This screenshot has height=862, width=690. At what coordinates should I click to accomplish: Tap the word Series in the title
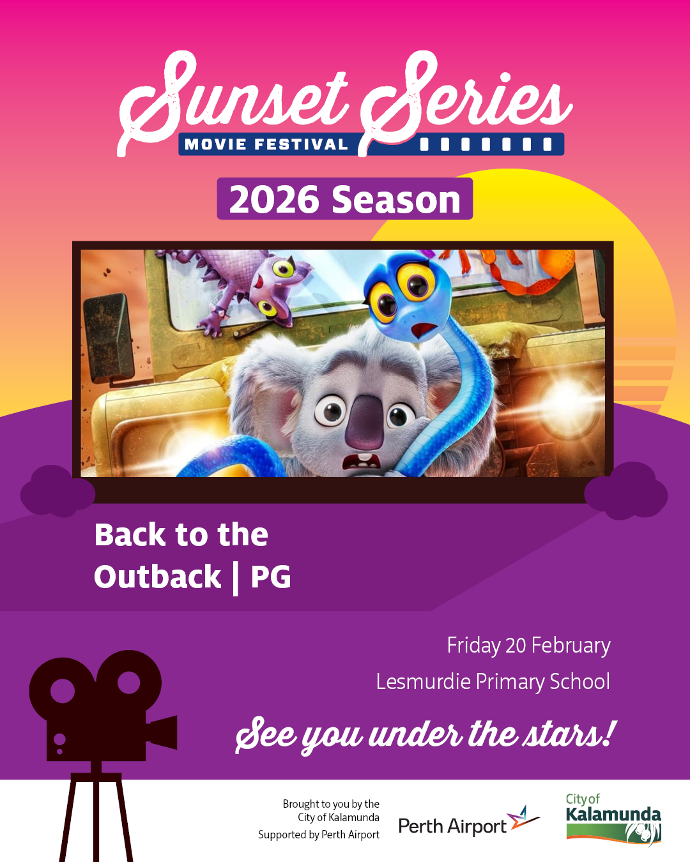point(465,100)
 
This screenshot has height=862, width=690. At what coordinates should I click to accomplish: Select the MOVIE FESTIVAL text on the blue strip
point(266,144)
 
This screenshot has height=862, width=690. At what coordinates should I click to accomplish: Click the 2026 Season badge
point(345,199)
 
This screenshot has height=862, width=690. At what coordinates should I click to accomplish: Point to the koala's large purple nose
point(365,423)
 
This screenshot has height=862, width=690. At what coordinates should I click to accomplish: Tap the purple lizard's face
point(277,292)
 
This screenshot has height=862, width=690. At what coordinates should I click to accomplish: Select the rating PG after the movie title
point(271,577)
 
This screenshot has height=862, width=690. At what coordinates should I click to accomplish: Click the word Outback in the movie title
point(157,577)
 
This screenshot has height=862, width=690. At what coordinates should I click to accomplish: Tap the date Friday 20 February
point(528,646)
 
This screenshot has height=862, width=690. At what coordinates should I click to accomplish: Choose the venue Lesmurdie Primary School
point(493,681)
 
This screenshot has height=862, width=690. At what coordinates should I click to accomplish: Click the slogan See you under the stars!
point(424,735)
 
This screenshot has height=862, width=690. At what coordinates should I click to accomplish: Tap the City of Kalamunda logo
point(613,820)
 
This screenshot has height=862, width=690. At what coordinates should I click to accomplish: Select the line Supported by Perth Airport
point(319,835)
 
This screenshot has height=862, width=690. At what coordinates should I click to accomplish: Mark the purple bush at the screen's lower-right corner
point(625,491)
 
